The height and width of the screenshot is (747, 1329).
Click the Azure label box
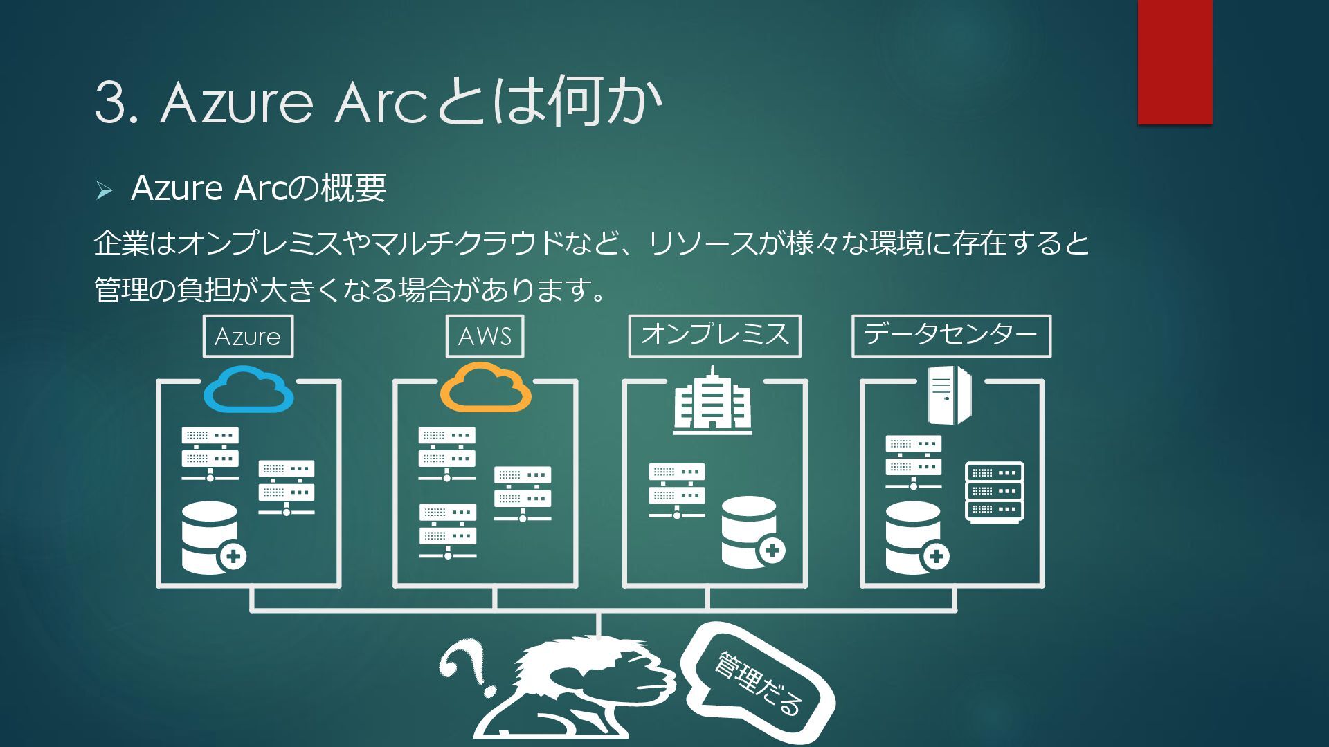248,336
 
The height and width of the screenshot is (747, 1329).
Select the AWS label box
485,336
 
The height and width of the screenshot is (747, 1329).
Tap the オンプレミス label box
714,336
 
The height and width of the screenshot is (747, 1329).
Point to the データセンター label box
951,336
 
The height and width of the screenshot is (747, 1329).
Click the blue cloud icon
248,390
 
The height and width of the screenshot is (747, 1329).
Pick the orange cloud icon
486,390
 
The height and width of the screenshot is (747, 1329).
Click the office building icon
712,401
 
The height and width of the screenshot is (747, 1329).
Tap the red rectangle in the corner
1175,62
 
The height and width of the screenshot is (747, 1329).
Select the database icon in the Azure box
212,538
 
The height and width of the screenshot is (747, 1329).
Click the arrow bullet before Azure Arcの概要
104,190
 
